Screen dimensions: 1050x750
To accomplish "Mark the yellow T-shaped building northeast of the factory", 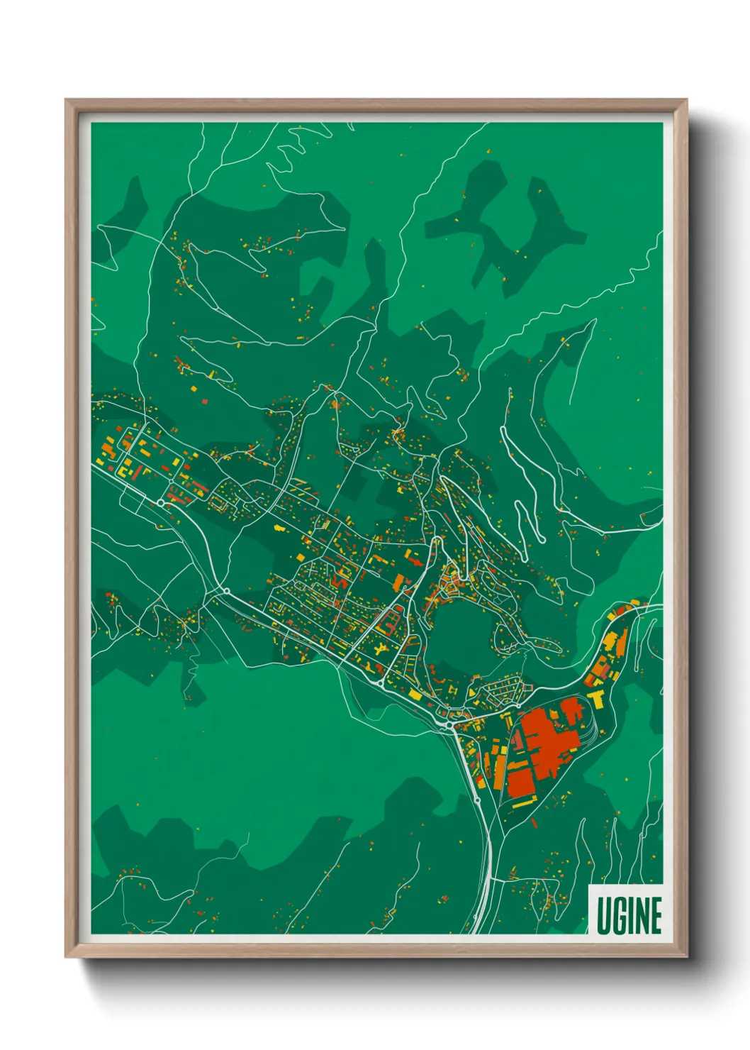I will (597, 698).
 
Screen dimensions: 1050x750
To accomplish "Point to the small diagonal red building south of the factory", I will (534, 822).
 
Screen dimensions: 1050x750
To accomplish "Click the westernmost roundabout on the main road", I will (161, 502).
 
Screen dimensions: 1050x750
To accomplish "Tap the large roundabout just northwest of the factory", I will (449, 726).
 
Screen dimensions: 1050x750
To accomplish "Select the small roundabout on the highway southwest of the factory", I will (477, 800).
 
